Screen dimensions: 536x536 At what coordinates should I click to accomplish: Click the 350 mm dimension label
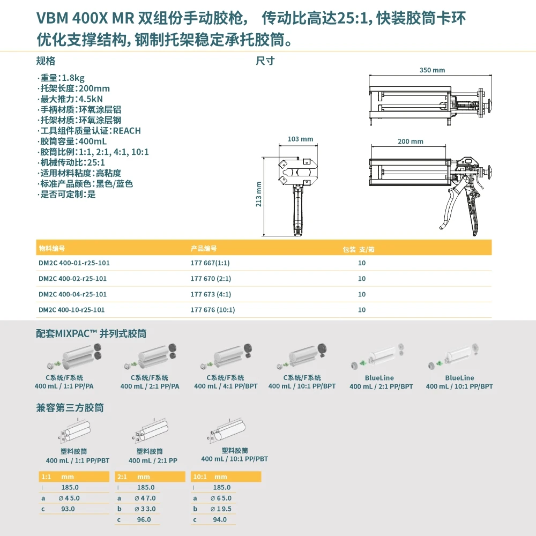(432, 70)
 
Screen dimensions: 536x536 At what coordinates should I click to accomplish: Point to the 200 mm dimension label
(411, 142)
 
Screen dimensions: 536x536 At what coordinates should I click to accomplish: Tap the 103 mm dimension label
(300, 139)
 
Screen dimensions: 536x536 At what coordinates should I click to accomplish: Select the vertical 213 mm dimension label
(259, 194)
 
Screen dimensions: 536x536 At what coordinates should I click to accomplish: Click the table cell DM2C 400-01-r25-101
(70, 263)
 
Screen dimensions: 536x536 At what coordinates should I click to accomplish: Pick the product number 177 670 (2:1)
(211, 279)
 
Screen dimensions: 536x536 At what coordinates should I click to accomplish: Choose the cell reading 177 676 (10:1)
(213, 310)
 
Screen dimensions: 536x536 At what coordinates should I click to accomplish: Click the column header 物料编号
(52, 249)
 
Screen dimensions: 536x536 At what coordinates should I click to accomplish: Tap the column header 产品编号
(204, 249)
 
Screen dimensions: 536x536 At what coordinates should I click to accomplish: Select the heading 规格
(46, 61)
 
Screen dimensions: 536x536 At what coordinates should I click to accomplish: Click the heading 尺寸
(265, 61)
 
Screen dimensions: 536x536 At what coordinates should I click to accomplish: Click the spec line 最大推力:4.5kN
(70, 99)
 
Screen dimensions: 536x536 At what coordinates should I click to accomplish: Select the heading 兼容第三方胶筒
(70, 408)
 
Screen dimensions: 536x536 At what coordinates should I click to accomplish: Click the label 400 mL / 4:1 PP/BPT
(226, 386)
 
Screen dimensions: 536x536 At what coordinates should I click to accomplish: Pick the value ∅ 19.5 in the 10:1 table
(221, 509)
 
